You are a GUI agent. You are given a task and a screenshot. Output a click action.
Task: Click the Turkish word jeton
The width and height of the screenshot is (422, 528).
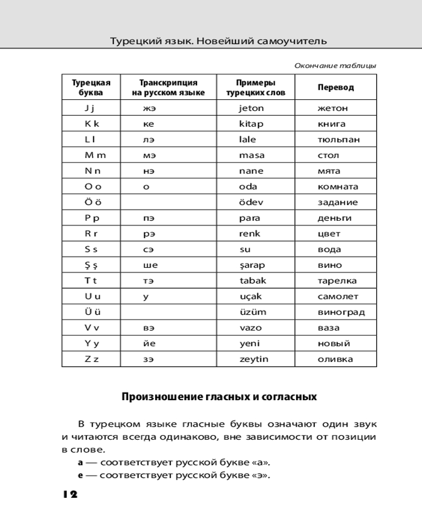coord(251,108)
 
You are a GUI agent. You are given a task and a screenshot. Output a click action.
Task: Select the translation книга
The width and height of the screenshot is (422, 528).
coord(331,124)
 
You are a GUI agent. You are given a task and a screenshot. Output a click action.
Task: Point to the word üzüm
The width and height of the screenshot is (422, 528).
coord(253,312)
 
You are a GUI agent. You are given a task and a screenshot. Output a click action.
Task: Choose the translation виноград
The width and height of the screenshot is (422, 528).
coord(341,312)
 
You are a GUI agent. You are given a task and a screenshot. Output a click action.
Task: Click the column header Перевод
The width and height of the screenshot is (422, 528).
coord(335,88)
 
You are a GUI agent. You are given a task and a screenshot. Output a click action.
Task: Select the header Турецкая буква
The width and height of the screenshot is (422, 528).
coord(91,88)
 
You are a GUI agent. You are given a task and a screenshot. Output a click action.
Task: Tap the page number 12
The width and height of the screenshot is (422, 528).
coord(69,495)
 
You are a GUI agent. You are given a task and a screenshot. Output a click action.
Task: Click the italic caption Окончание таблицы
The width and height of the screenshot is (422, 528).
coord(335,66)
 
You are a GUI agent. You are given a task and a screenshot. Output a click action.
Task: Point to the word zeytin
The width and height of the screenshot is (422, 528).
coord(254,359)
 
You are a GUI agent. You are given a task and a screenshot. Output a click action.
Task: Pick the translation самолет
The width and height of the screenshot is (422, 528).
coord(338,296)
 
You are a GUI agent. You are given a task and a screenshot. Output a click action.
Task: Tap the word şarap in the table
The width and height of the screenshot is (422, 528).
coord(253,265)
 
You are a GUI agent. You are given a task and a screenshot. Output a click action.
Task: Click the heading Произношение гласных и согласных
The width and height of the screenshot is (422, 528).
coord(219,397)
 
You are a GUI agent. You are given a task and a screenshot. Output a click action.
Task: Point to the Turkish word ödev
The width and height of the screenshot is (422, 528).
coord(251,202)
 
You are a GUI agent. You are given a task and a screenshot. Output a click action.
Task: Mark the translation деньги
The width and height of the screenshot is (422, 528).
coord(334,218)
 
